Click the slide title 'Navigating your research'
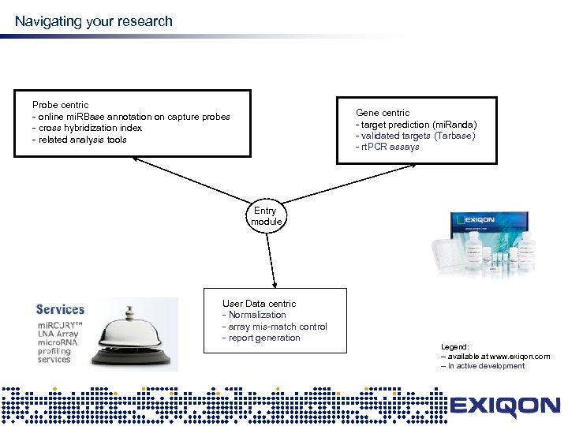[x=93, y=21]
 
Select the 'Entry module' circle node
[x=266, y=216]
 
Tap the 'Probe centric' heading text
[x=60, y=105]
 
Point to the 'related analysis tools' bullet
[x=81, y=140]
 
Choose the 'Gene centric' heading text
[x=383, y=113]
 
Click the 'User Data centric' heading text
[x=259, y=304]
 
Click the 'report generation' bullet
[x=263, y=338]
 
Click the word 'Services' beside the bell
[x=60, y=310]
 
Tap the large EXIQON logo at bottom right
[x=505, y=408]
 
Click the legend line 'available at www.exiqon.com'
[x=498, y=357]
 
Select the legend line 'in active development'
[x=486, y=366]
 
